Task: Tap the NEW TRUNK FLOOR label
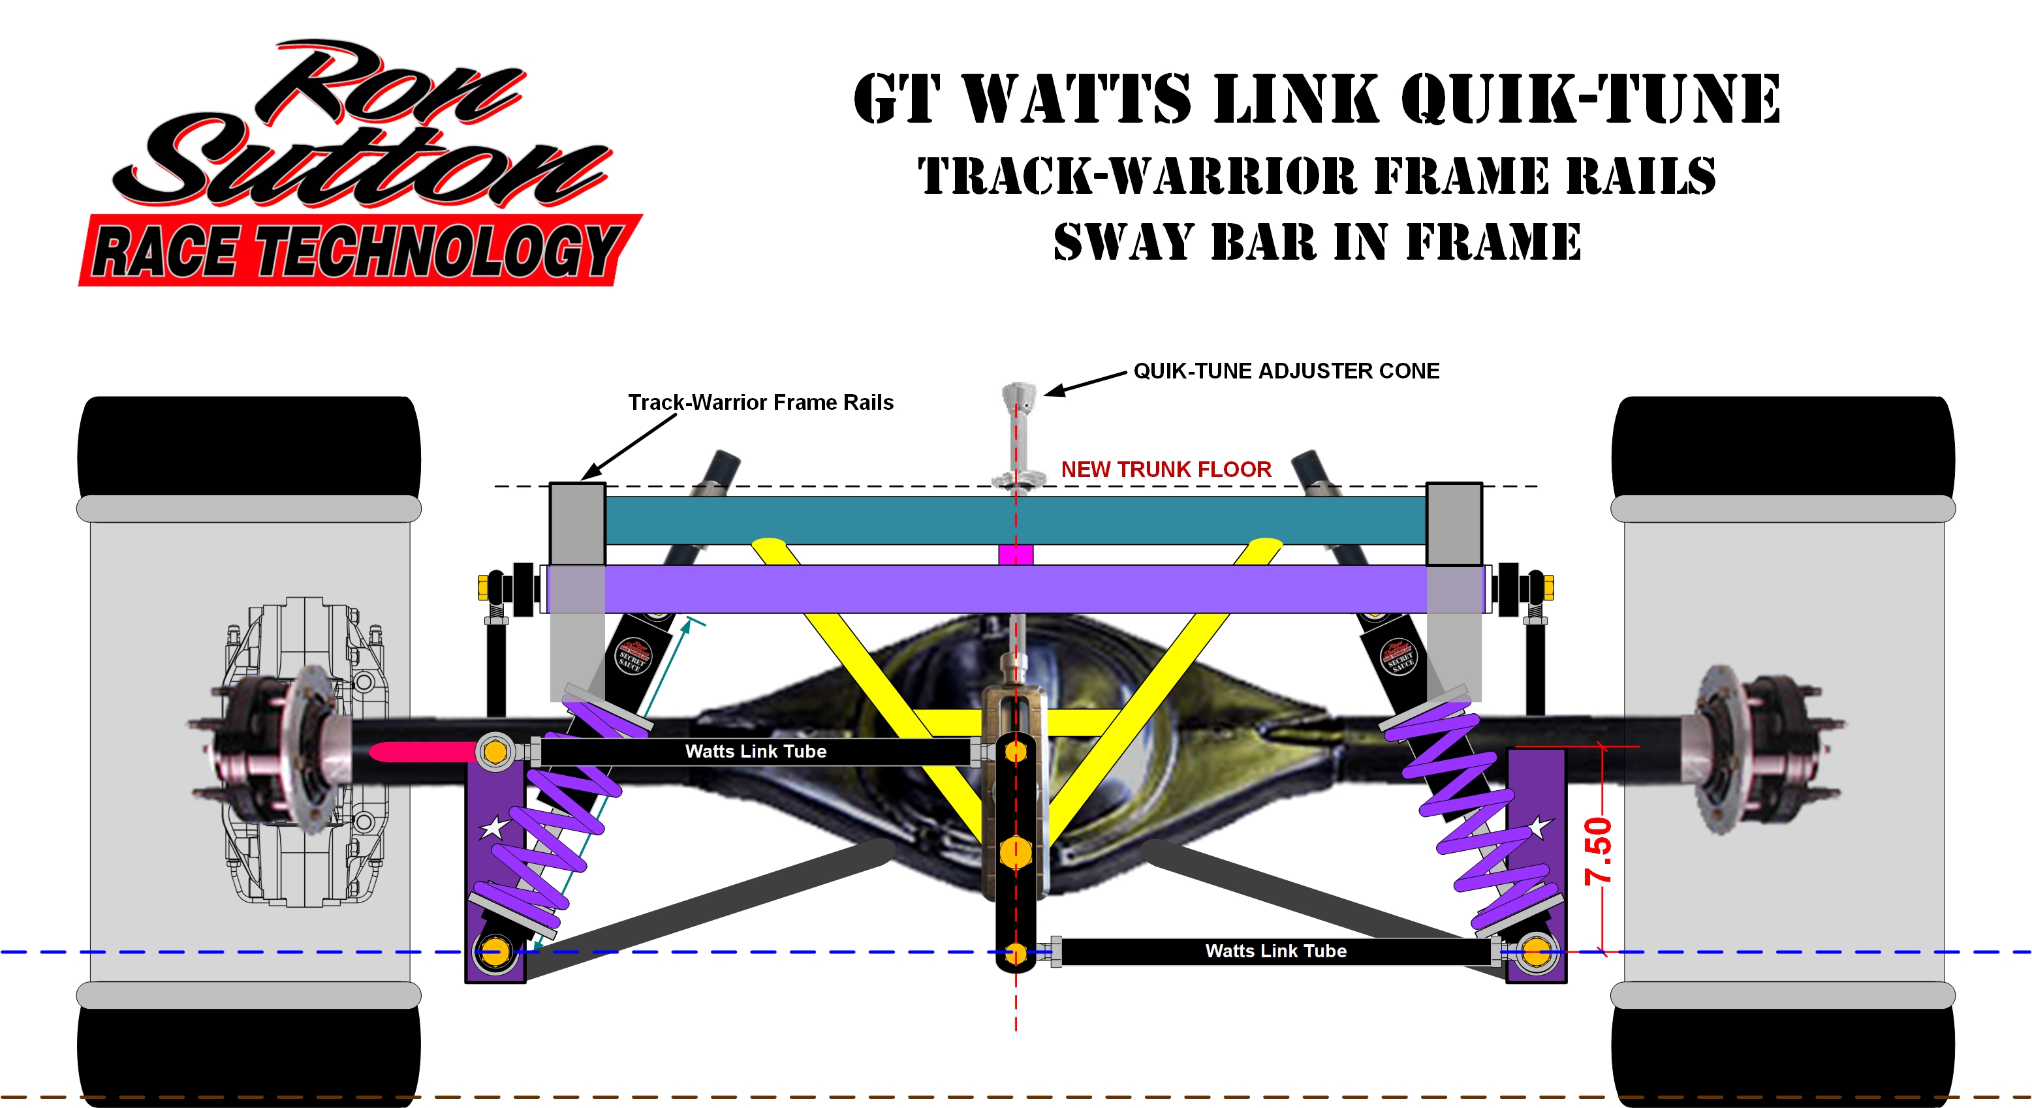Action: coord(1165,470)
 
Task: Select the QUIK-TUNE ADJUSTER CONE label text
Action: coord(1286,371)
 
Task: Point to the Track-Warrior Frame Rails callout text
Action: coord(760,403)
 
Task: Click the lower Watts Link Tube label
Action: coord(1275,951)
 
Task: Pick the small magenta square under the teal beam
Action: coord(1015,555)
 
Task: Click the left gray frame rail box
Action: coord(578,523)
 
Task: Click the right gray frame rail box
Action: coord(1454,523)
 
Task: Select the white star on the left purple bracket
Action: coord(495,827)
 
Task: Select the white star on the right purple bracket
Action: coord(1539,827)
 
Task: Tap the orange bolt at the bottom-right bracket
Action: coord(1536,952)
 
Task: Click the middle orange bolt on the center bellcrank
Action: coord(1015,852)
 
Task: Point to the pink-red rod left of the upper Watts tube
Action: coord(422,752)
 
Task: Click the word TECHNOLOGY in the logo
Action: coord(438,251)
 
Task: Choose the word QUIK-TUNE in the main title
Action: coord(1589,99)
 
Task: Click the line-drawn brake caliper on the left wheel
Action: coord(307,749)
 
